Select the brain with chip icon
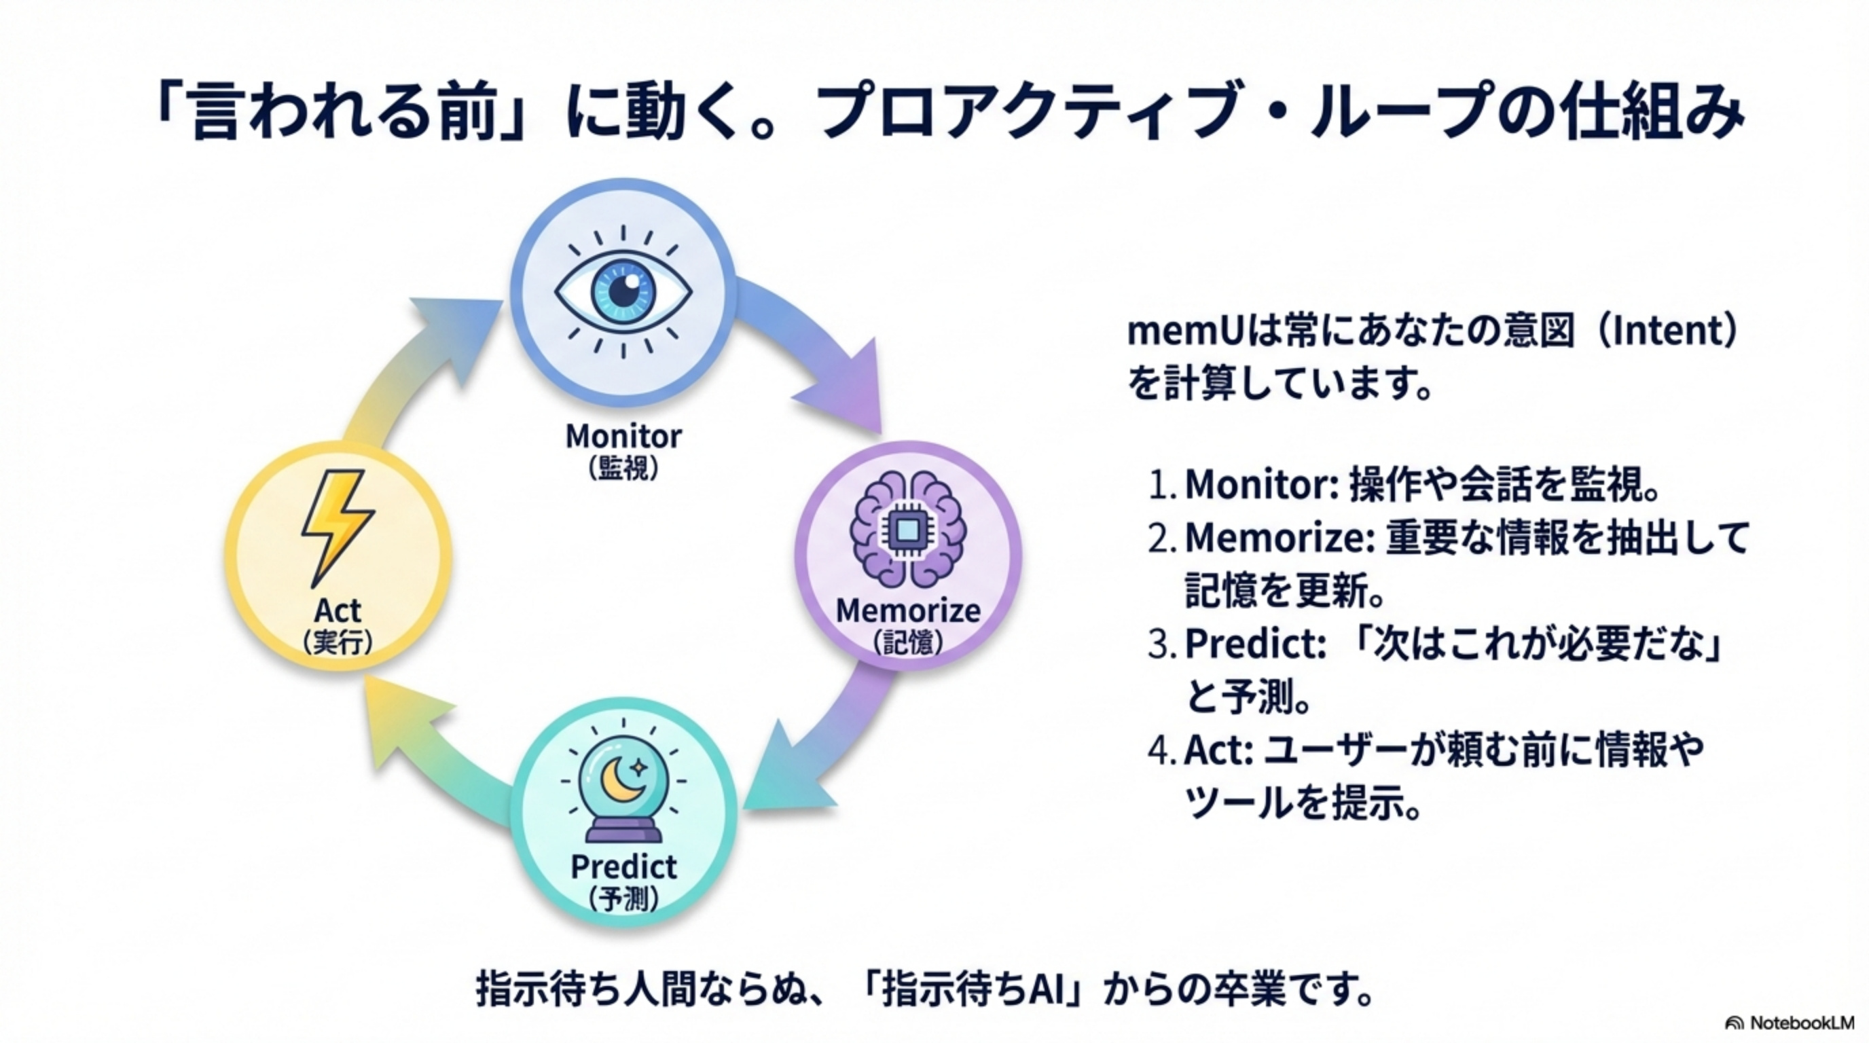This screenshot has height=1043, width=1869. [x=907, y=530]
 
